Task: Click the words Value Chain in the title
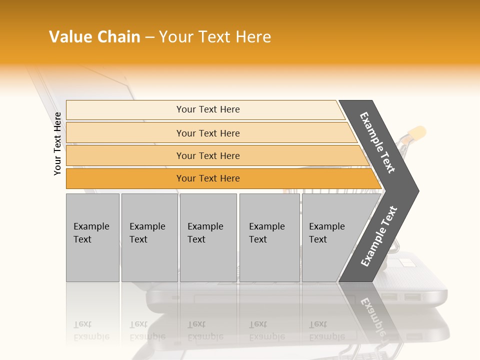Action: [94, 37]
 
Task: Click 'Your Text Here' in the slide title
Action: [215, 37]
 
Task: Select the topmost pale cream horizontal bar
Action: [205, 109]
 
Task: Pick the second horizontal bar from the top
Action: [210, 133]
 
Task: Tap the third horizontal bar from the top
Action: [215, 155]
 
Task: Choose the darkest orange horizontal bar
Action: [220, 178]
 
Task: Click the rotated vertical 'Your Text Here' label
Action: [57, 143]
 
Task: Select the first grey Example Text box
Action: [92, 237]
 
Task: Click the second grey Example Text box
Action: [149, 237]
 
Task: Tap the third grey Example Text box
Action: [208, 237]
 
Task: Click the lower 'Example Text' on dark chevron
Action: [379, 236]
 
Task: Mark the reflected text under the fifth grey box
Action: [326, 330]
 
